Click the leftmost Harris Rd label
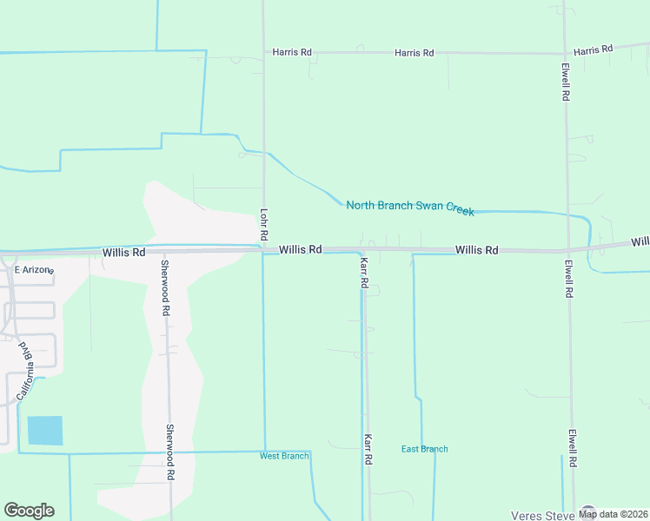[292, 52]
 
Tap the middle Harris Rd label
[414, 53]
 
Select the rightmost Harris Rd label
[594, 49]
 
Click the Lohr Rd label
[262, 224]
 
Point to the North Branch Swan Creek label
[410, 207]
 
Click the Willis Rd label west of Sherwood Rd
[123, 253]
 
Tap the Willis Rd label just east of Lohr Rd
[301, 249]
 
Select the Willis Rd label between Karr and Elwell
[477, 250]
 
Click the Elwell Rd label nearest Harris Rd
[565, 82]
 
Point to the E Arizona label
[34, 270]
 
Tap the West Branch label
[284, 456]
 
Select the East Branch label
[425, 449]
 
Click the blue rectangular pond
[45, 431]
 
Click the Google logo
[29, 511]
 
